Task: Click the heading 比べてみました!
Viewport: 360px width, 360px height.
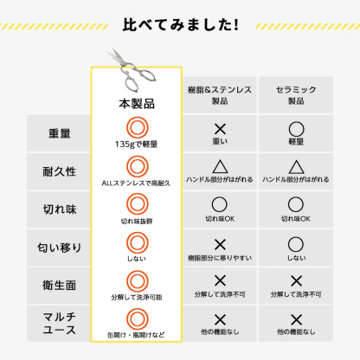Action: coord(181,25)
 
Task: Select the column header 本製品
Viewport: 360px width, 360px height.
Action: coord(137,104)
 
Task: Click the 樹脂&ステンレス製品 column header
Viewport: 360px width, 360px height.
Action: coord(220,95)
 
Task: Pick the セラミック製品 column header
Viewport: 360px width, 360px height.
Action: coord(296,95)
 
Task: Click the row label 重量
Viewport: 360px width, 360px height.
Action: coord(60,133)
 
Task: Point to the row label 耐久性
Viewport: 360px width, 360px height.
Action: coord(60,171)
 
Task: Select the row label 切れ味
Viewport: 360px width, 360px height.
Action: coord(60,209)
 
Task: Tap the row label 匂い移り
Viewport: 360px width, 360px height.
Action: coord(60,247)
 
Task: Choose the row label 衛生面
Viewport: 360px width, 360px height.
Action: coord(60,286)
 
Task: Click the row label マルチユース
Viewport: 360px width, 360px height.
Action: coord(60,324)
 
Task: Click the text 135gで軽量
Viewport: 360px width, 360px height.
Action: coord(137,144)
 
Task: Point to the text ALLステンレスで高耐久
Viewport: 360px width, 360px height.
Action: coord(136,183)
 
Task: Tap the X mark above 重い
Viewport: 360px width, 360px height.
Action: coord(220,129)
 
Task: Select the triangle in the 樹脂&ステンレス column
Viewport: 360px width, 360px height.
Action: coord(220,166)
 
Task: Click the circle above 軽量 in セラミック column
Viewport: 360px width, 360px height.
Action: coord(296,129)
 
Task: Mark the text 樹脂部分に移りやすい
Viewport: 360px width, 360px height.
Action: coord(220,258)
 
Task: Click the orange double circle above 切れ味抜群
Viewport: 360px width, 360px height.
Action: coord(138,204)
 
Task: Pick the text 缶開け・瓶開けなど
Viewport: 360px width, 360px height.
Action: coord(136,335)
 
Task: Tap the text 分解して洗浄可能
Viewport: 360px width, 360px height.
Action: coord(137,297)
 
